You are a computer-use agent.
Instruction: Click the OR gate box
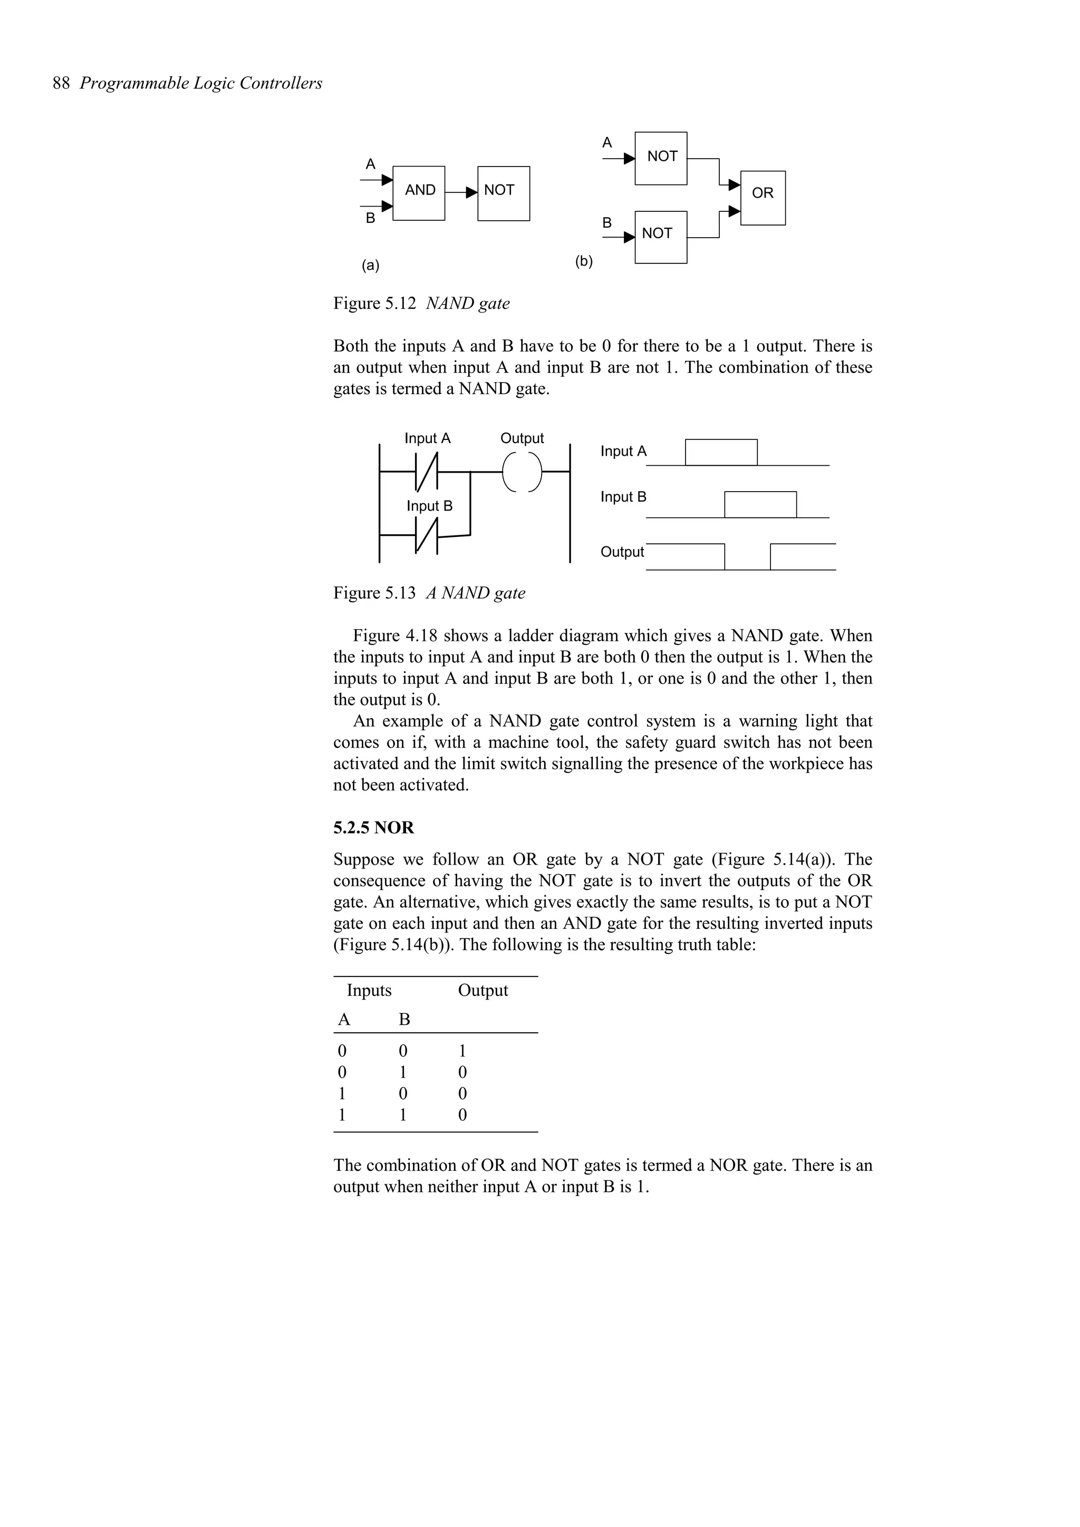click(x=763, y=198)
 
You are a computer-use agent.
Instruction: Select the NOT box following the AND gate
click(x=503, y=193)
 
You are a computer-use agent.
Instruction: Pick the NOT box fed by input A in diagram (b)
click(x=661, y=158)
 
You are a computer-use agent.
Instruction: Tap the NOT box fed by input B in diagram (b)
click(x=661, y=237)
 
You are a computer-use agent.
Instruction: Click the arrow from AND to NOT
click(x=461, y=193)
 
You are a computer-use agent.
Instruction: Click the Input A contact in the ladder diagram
click(x=426, y=472)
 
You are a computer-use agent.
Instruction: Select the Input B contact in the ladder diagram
click(x=426, y=535)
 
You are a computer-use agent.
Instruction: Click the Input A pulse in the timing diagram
click(x=721, y=452)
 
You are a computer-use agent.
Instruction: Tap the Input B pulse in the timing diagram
click(x=760, y=504)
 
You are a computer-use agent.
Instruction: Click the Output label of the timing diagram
click(x=622, y=552)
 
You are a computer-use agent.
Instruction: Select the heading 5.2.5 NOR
click(x=373, y=827)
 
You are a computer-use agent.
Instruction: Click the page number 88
click(x=61, y=83)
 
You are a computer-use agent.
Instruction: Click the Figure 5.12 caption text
click(x=421, y=304)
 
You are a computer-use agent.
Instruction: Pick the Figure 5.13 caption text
click(x=429, y=593)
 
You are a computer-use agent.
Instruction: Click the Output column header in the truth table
click(x=483, y=990)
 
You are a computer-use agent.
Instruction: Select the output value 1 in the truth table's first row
click(x=462, y=1051)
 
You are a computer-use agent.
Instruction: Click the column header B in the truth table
click(x=404, y=1020)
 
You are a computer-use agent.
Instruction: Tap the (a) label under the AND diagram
click(x=370, y=266)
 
